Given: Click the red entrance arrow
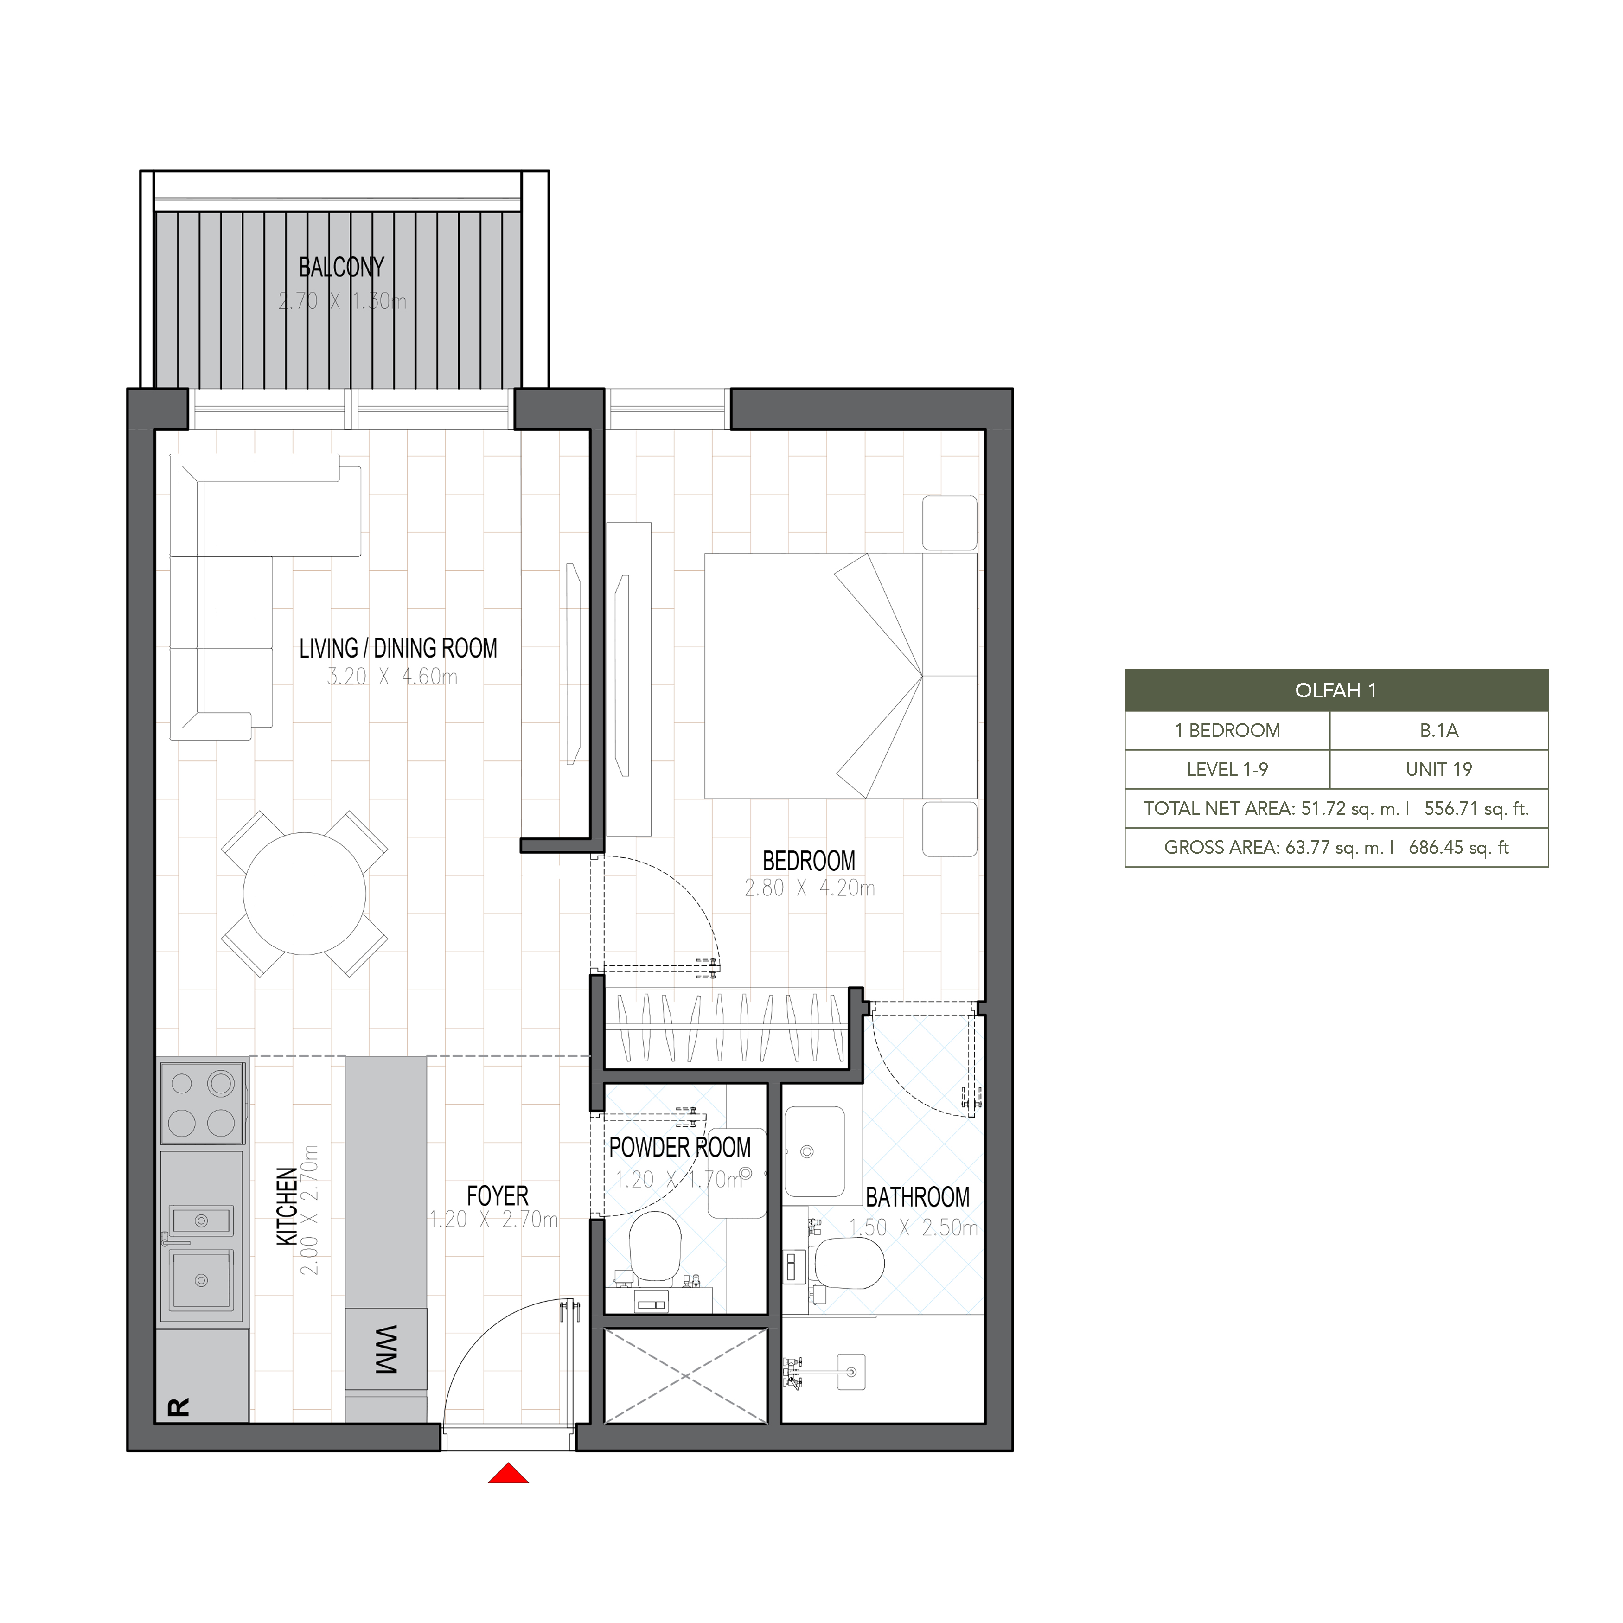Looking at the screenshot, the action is point(508,1474).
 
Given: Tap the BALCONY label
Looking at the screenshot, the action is point(342,267).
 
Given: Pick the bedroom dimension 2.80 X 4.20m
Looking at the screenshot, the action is point(810,888).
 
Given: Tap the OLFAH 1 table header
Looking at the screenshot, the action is point(1335,690).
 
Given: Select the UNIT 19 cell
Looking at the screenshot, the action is point(1439,769).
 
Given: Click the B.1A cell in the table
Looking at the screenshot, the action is point(1439,731).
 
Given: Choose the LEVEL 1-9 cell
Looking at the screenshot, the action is point(1227,769).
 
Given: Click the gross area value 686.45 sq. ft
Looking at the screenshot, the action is point(1458,848).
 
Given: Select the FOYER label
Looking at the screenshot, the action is point(497,1195).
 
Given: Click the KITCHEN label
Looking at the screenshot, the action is point(287,1206).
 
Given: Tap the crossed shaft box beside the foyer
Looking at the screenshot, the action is point(685,1376).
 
